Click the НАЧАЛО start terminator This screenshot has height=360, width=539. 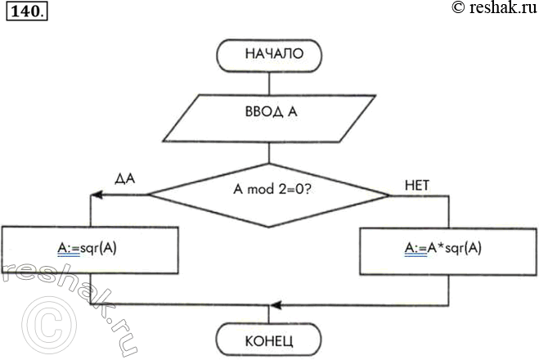[x=269, y=56]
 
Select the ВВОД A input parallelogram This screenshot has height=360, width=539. [x=269, y=117]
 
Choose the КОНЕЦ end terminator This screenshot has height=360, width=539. [x=269, y=338]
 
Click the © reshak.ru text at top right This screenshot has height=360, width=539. [x=492, y=9]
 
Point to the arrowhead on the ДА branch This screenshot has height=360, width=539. [x=95, y=195]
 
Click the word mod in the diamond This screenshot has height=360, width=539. [x=259, y=191]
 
